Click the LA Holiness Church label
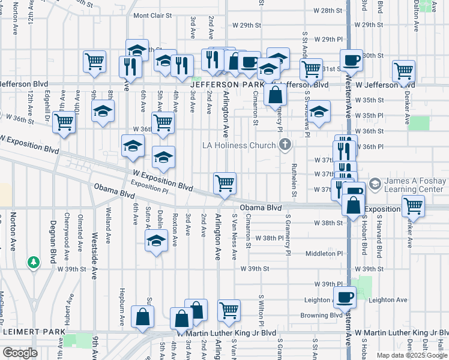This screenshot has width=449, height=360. pyautogui.click(x=239, y=145)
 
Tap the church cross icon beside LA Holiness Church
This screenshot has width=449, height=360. pyautogui.click(x=285, y=145)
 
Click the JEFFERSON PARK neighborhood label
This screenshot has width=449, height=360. pyautogui.click(x=224, y=85)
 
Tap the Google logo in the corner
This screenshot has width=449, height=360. pyautogui.click(x=20, y=352)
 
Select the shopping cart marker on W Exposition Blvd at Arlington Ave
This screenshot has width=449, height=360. pyautogui.click(x=224, y=182)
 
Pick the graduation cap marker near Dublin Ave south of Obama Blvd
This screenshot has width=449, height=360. pyautogui.click(x=157, y=241)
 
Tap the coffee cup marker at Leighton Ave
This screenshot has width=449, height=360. pyautogui.click(x=345, y=296)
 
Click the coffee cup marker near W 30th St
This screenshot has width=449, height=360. pyautogui.click(x=351, y=59)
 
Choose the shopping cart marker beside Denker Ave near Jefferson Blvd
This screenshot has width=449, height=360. pyautogui.click(x=403, y=71)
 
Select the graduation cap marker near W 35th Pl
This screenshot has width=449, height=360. pyautogui.click(x=320, y=110)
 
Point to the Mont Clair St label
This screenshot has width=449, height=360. pyautogui.click(x=152, y=15)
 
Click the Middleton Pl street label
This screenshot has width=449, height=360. pyautogui.click(x=326, y=253)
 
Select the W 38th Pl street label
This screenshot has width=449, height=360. pyautogui.click(x=269, y=238)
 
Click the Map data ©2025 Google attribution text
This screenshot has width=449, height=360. pyautogui.click(x=411, y=355)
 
